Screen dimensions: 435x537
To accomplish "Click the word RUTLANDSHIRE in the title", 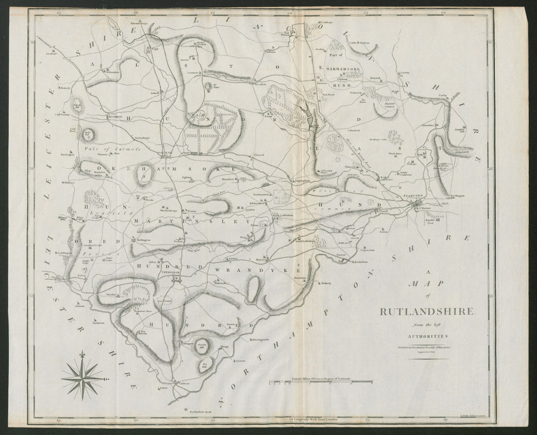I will point(427,311).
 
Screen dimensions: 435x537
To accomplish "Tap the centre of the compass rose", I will point(82,379).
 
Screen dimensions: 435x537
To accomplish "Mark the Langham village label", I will point(115,116).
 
